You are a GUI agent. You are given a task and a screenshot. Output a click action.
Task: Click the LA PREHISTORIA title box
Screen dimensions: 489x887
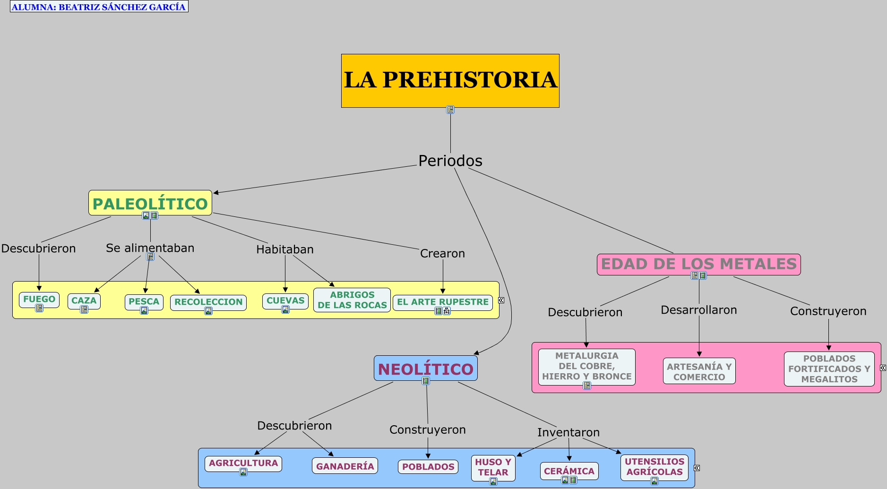[450, 80]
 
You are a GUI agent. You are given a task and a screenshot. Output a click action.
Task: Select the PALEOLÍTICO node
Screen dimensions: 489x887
[150, 203]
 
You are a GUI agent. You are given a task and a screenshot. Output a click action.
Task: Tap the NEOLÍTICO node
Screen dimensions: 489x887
[425, 369]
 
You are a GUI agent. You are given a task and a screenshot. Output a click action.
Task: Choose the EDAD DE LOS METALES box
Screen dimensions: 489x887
[698, 264]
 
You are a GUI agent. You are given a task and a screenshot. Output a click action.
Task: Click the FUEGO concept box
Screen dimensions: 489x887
[39, 299]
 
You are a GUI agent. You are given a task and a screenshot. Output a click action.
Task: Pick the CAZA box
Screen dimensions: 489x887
[84, 300]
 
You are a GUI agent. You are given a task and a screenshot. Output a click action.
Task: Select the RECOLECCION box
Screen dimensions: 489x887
[208, 302]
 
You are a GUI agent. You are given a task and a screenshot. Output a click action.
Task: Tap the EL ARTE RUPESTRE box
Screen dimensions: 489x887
[442, 302]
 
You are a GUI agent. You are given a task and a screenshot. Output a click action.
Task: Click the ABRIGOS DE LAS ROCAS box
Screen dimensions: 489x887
[352, 300]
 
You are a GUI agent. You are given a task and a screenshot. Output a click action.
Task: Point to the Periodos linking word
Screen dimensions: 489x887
[450, 161]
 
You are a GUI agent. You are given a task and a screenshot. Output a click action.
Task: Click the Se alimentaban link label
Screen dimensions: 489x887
[150, 248]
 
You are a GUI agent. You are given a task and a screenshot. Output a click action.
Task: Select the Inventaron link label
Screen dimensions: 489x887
[568, 432]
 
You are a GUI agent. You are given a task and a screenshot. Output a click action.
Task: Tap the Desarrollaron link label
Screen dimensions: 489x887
[698, 310]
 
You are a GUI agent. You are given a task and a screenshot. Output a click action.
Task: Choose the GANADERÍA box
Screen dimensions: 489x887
[345, 466]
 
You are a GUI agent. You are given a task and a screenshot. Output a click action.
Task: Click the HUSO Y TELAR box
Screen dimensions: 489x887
[493, 467]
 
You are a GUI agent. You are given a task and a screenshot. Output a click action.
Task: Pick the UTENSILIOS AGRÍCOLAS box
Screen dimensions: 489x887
[654, 466]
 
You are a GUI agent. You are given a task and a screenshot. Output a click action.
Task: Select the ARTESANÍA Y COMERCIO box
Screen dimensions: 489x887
[699, 371]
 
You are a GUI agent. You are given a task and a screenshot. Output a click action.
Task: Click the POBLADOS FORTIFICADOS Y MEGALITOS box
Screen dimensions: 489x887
[829, 369]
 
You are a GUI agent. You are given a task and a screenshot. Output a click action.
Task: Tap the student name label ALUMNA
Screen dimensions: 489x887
[99, 7]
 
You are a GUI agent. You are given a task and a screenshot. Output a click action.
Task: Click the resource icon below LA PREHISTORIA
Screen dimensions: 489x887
[450, 110]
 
